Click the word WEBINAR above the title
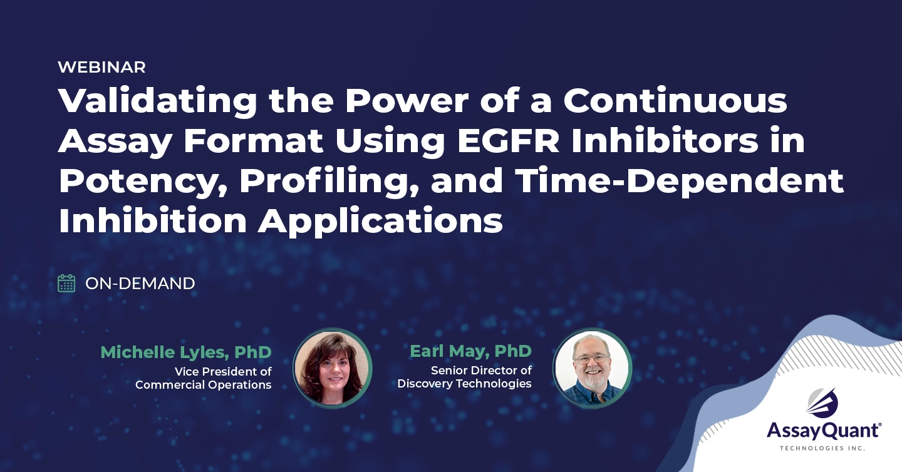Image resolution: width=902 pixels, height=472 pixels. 101,67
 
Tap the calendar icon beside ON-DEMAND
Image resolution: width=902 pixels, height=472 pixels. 66,284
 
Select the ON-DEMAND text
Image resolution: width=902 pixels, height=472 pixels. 140,284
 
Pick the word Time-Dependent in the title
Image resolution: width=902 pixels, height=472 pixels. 689,181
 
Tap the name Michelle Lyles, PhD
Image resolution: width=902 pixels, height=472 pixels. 186,352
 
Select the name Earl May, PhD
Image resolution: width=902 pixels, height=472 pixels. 470,351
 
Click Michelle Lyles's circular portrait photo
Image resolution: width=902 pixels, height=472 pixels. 333,368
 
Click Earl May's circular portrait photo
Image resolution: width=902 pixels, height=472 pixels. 592,368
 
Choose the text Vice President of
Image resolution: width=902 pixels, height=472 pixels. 223,371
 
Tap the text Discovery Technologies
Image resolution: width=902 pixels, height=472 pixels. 464,383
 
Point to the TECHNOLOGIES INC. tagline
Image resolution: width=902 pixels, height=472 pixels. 822,448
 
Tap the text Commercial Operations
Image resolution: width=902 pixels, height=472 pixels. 203,384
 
